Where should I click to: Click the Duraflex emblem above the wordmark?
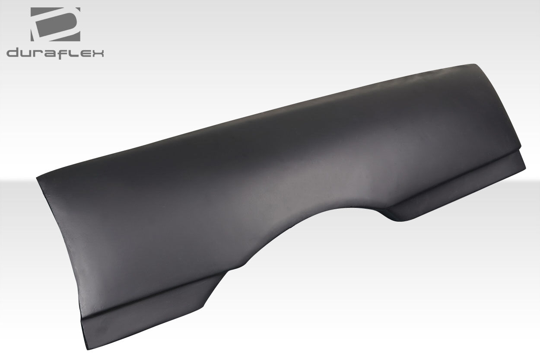tap(55, 24)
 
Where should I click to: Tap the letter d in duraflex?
tap(13, 53)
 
